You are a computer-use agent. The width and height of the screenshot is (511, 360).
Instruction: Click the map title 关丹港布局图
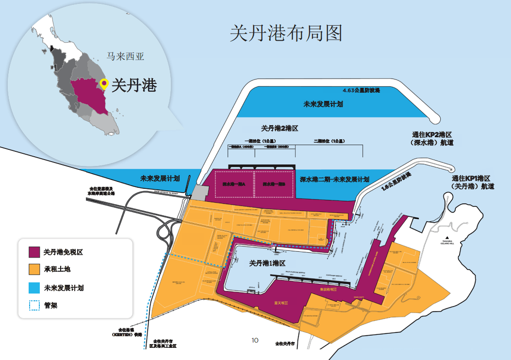point(286,33)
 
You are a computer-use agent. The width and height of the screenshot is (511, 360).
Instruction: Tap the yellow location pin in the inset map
point(104,83)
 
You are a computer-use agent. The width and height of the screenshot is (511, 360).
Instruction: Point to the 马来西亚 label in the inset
point(126,56)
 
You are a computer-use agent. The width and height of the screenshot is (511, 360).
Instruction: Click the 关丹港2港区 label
point(279,129)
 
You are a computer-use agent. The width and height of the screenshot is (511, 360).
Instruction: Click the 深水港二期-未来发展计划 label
point(334,179)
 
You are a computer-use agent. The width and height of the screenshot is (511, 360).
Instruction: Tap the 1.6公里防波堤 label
point(396,181)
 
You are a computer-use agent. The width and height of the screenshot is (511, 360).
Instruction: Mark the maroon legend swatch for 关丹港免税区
point(33,252)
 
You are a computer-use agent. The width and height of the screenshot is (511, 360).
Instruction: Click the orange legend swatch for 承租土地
point(33,270)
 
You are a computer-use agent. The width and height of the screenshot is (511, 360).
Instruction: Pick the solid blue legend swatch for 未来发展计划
point(33,288)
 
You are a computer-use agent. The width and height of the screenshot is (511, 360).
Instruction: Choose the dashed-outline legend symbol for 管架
point(33,305)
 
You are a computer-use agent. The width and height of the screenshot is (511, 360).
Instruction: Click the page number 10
point(255,340)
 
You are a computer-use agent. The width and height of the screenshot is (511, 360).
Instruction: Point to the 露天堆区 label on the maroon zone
point(280,303)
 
